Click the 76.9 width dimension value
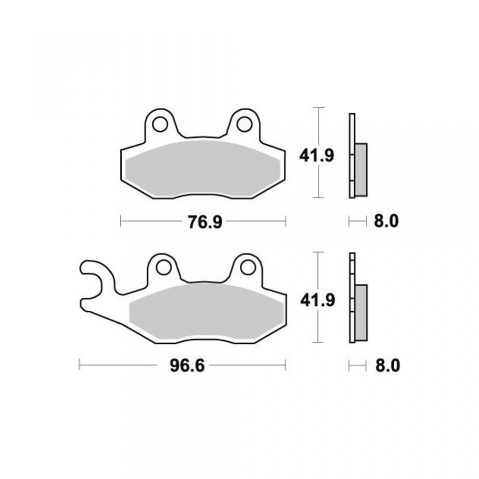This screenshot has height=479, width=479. coord(205,222)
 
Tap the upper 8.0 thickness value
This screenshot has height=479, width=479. coord(386,222)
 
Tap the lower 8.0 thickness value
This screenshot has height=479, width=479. coord(387,366)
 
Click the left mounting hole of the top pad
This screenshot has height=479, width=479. coord(160,124)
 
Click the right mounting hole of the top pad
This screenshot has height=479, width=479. coord(244,124)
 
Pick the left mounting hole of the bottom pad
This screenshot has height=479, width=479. coord(163,268)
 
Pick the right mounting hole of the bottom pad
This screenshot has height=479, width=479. coord(247,268)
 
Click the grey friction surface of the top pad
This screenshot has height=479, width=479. coord(202,167)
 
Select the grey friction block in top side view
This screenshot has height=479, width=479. coord(361,170)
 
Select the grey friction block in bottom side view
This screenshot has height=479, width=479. coord(361,312)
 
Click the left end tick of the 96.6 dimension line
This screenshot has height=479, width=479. coord(79,365)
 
